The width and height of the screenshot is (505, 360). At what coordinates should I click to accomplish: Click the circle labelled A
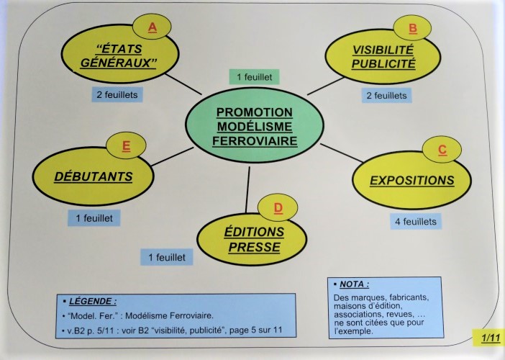click(152, 27)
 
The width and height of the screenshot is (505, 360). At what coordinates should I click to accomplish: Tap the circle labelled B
click(413, 27)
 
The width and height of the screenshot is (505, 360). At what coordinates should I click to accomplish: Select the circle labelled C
click(442, 150)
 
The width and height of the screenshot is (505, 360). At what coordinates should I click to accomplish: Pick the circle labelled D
click(278, 207)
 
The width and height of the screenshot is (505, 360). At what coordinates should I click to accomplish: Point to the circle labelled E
click(126, 145)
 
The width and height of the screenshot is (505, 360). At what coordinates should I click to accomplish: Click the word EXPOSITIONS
click(412, 181)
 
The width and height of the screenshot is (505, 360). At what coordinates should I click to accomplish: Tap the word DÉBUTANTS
click(94, 176)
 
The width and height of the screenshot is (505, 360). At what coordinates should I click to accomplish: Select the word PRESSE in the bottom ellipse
click(255, 247)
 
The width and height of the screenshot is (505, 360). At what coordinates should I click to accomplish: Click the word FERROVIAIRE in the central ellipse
click(255, 141)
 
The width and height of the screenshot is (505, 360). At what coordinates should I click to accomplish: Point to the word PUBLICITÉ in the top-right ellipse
click(383, 63)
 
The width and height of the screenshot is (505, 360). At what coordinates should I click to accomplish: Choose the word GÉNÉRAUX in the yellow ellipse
click(118, 63)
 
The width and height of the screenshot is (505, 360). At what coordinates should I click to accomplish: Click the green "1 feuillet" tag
click(254, 77)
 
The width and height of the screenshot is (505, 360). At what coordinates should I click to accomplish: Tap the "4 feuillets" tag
click(416, 222)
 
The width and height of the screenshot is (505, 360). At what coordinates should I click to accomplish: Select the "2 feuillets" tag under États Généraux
click(117, 95)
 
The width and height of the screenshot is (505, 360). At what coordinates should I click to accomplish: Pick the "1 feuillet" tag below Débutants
click(94, 218)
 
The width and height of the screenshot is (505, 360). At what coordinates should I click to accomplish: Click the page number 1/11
click(491, 338)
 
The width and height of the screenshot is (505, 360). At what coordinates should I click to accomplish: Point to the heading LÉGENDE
click(93, 302)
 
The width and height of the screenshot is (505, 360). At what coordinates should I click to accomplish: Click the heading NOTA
click(354, 284)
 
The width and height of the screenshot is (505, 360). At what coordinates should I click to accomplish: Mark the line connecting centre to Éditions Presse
click(248, 189)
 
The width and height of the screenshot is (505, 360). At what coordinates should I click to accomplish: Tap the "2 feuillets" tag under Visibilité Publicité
click(386, 95)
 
